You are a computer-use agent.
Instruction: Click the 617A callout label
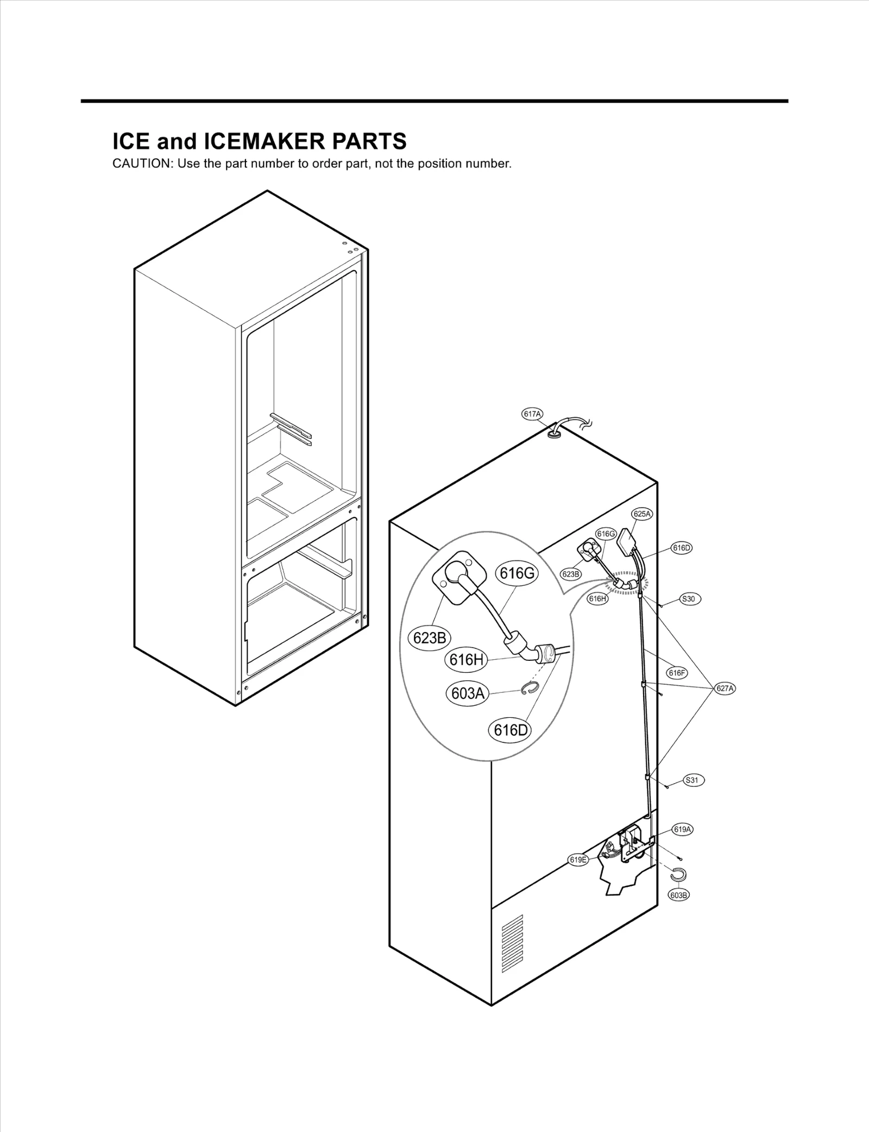click(x=532, y=414)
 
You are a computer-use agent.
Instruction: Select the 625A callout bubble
click(x=641, y=514)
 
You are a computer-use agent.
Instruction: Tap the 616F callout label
click(x=677, y=673)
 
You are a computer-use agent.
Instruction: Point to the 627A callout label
click(x=725, y=689)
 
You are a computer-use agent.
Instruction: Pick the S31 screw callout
click(x=692, y=780)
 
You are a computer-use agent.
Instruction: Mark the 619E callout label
click(x=578, y=859)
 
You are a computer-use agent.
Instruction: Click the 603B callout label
click(x=679, y=895)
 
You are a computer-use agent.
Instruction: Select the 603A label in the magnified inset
click(x=468, y=693)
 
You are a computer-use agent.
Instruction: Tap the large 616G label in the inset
click(x=517, y=573)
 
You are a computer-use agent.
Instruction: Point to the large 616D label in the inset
click(x=510, y=730)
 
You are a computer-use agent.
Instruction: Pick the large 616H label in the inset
click(x=467, y=660)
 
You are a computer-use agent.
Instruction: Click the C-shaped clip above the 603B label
click(x=678, y=874)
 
